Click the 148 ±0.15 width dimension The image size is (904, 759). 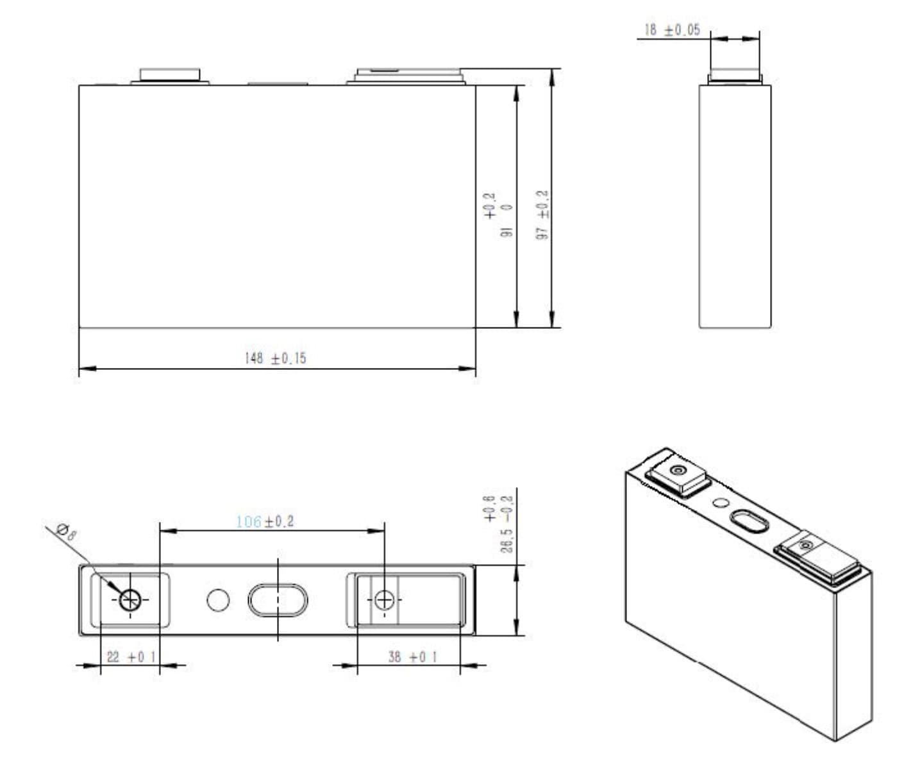276,358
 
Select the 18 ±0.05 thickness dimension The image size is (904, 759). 672,30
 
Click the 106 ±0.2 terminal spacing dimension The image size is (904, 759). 265,522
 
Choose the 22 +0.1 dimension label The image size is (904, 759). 130,657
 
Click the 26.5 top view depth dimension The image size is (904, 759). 506,523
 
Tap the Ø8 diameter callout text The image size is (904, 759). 66,531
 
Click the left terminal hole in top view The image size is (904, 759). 130,600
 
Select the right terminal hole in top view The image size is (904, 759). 384,600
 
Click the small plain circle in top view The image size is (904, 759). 218,600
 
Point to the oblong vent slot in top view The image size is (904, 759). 278,600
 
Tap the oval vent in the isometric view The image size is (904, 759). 748,521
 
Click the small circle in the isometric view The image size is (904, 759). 721,504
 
